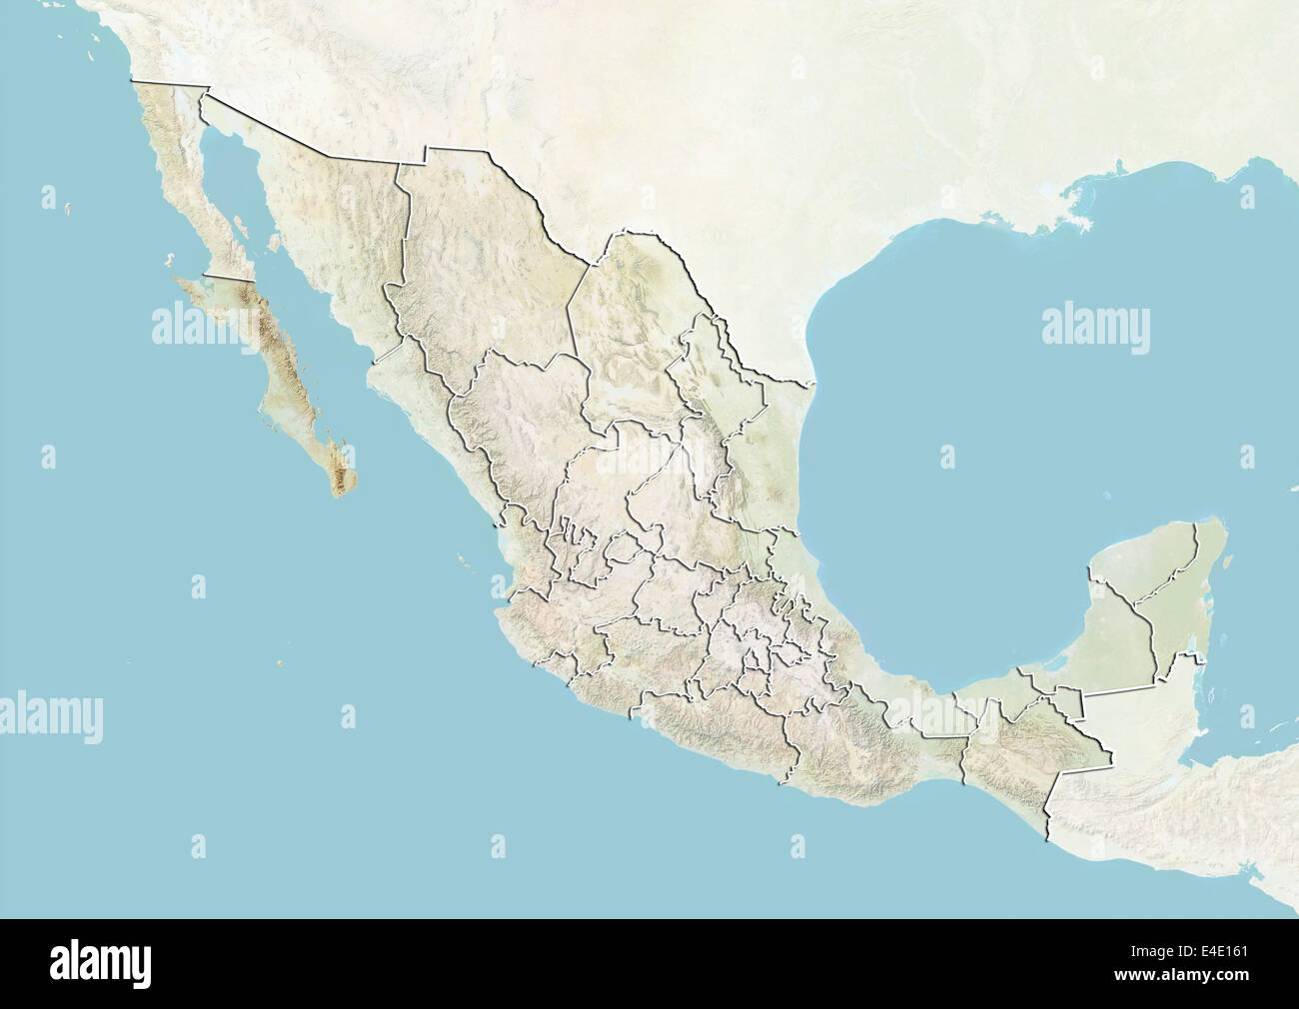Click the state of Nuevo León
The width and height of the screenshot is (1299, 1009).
point(699,400)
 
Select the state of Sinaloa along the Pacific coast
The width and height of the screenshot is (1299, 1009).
point(440,420)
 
